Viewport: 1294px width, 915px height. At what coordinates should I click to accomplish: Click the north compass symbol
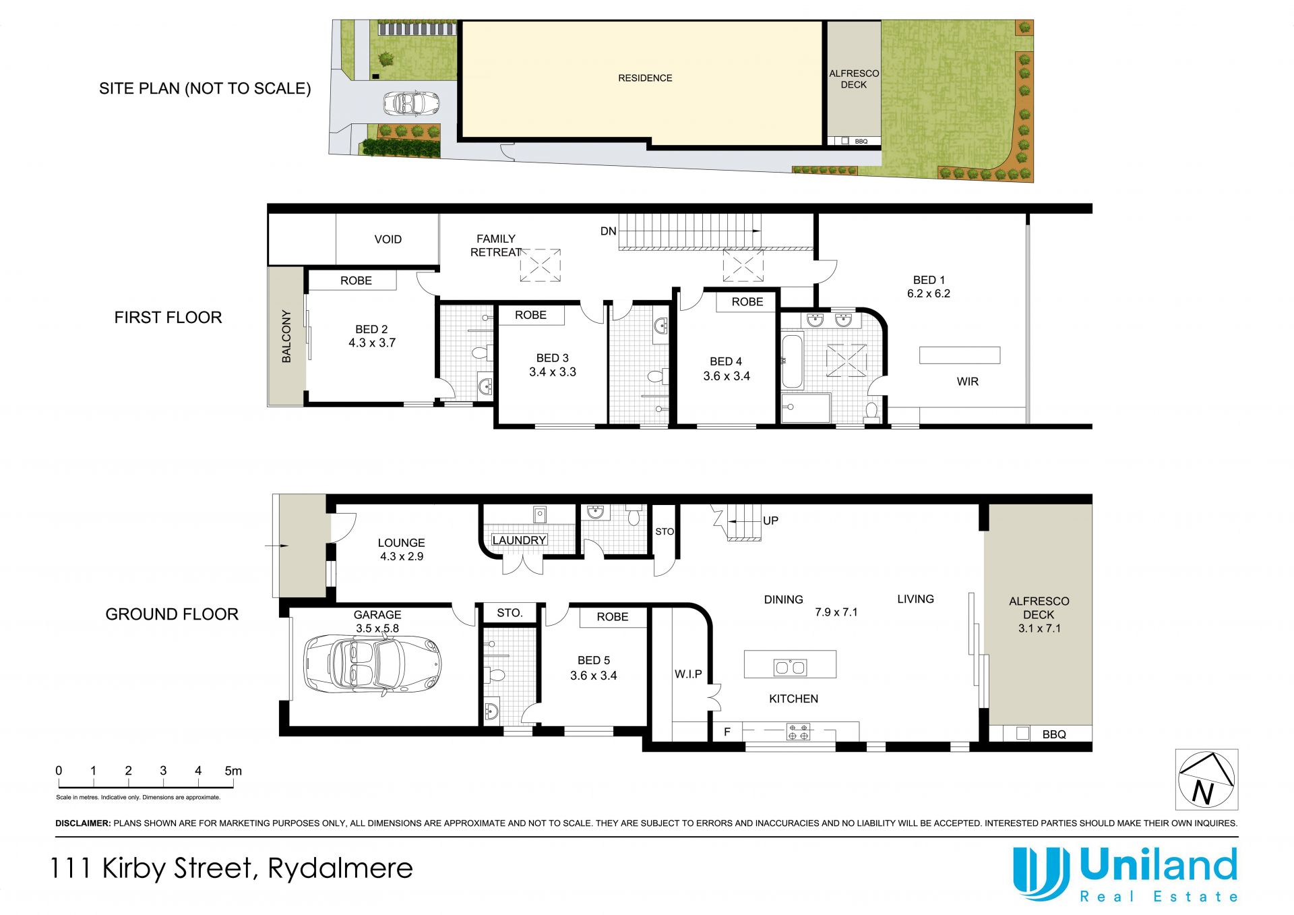click(x=1206, y=779)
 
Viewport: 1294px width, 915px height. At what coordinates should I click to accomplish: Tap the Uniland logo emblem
click(x=1041, y=873)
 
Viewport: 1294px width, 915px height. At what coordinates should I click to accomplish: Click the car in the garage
click(x=373, y=665)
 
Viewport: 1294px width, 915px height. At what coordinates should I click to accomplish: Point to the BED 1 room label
click(x=929, y=280)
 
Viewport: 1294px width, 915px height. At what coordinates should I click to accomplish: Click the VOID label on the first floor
click(x=388, y=239)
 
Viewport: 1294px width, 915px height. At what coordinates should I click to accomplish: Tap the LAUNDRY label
click(x=519, y=540)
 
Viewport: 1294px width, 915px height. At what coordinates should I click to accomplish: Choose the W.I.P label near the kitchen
click(x=688, y=674)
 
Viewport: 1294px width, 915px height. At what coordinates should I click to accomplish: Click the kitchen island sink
click(x=790, y=668)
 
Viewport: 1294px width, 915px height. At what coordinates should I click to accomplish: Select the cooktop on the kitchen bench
click(x=798, y=732)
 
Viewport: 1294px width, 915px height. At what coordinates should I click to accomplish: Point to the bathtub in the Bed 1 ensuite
click(x=793, y=361)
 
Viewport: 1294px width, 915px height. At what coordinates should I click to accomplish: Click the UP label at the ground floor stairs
click(x=770, y=521)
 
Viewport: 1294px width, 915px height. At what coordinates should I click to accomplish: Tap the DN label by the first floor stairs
click(x=608, y=231)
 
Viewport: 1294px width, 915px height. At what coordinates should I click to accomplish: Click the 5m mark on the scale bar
click(x=233, y=771)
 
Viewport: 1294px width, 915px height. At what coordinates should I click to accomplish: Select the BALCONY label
click(x=286, y=336)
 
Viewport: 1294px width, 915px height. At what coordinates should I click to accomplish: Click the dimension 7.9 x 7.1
click(x=836, y=612)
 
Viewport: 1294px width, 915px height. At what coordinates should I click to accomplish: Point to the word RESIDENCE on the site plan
click(x=645, y=78)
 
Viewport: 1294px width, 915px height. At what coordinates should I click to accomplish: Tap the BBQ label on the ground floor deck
click(x=1054, y=734)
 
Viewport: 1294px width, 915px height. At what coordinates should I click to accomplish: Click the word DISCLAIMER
click(x=83, y=823)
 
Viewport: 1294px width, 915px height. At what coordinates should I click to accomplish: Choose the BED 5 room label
click(x=594, y=661)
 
